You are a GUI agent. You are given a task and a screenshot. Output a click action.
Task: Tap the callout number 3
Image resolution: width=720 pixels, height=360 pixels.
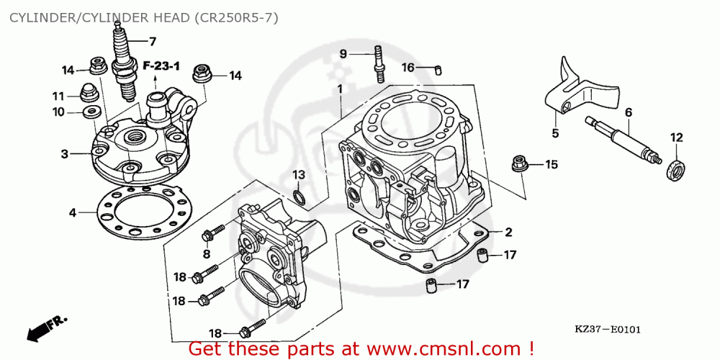(x=65, y=154)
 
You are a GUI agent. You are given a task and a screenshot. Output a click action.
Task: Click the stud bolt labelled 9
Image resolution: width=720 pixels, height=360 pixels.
(x=379, y=64)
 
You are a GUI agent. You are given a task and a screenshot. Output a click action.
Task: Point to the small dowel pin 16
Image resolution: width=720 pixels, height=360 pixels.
(x=438, y=71)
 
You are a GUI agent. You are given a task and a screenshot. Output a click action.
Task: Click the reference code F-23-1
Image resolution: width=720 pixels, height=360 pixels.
(x=161, y=66)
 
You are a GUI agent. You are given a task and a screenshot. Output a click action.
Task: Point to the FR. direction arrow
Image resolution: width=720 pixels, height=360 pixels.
(x=46, y=328)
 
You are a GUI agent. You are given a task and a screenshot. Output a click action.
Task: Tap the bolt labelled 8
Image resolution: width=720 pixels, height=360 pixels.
(x=213, y=232)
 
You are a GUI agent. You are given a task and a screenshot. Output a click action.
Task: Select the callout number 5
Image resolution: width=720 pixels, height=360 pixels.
(x=555, y=134)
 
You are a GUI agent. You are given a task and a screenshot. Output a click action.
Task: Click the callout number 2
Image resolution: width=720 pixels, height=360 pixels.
(x=508, y=233)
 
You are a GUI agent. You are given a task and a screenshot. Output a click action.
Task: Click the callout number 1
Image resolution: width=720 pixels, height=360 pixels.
(x=341, y=89)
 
